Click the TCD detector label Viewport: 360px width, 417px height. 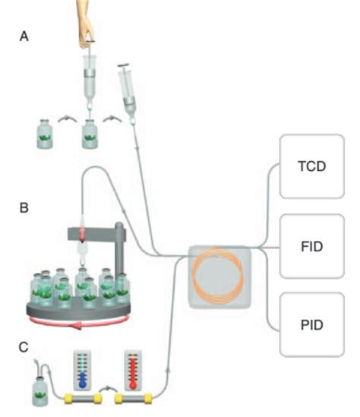311,166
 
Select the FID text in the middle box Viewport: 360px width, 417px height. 312,247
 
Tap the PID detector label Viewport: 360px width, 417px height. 312,325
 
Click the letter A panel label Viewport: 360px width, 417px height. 24,36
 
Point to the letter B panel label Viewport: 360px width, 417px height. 24,207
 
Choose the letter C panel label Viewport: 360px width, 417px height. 24,347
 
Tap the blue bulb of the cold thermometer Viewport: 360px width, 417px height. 83,384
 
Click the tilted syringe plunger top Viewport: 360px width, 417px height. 124,65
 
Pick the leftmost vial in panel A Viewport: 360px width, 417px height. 45,134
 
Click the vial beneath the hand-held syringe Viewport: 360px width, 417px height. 90,134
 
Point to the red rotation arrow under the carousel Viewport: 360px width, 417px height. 80,324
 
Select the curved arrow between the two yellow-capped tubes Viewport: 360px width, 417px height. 108,389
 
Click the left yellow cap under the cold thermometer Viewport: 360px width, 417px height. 68,399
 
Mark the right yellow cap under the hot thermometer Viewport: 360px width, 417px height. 148,399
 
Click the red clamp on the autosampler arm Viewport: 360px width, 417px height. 82,234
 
